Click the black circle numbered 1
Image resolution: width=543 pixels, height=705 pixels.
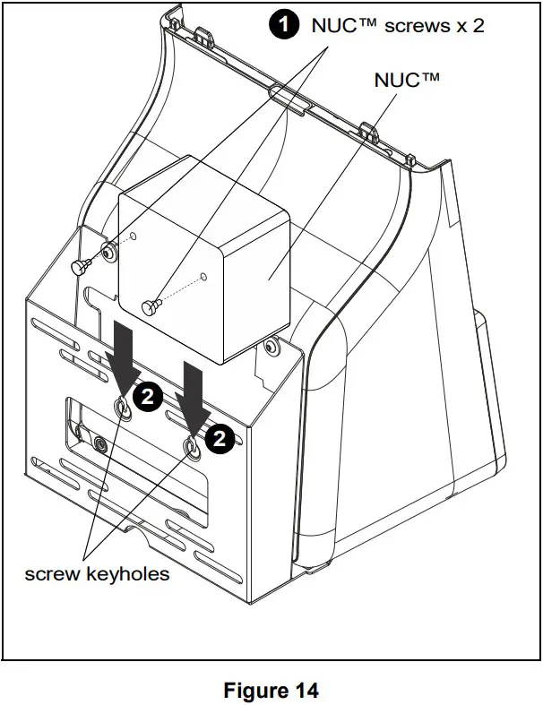pos(285,25)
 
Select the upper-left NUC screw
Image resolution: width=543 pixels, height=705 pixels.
pos(80,265)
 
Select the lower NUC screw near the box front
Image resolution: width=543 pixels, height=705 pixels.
pos(151,307)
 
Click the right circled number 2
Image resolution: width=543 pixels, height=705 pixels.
pos(220,437)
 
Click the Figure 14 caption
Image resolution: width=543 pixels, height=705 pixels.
pos(271,691)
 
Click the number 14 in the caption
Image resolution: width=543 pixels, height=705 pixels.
pos(305,691)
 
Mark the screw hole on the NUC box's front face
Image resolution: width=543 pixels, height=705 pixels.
pos(203,275)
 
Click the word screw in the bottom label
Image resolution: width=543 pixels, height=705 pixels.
pos(51,574)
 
